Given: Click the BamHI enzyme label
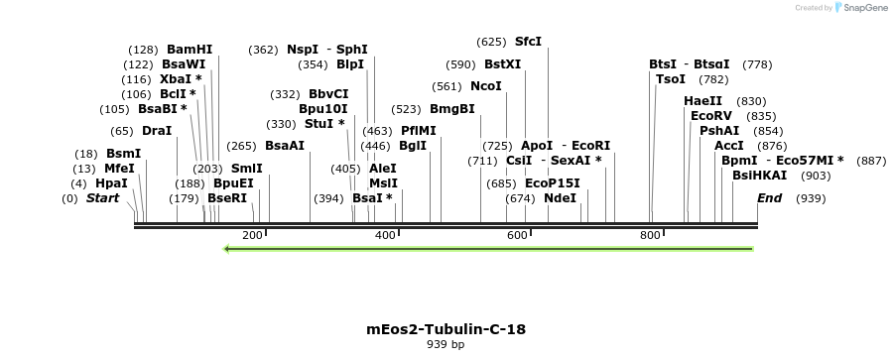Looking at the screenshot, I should tap(190, 49).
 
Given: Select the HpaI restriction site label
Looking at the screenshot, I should tap(111, 183).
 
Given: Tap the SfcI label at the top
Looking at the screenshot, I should tap(528, 42).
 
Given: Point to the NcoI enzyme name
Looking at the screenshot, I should tap(485, 86).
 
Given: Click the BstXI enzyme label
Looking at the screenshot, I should tap(502, 64).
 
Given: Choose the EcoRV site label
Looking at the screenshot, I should tap(711, 116).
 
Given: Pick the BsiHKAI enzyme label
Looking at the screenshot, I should tap(759, 175).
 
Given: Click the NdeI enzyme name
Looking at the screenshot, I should tap(560, 197).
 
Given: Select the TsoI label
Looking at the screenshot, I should tap(671, 79).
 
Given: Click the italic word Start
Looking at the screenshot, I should tap(102, 198).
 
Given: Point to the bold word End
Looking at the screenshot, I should tap(769, 198).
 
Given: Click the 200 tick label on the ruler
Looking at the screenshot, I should tap(252, 235).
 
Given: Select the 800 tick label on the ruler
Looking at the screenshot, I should tap(649, 235).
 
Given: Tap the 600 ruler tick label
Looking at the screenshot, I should tap(517, 235).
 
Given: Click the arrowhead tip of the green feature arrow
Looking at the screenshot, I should tap(227, 249).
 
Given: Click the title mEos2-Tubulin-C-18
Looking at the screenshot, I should tap(446, 328).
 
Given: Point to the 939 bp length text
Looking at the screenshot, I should tap(446, 345).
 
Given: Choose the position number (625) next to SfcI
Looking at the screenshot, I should tap(491, 42).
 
